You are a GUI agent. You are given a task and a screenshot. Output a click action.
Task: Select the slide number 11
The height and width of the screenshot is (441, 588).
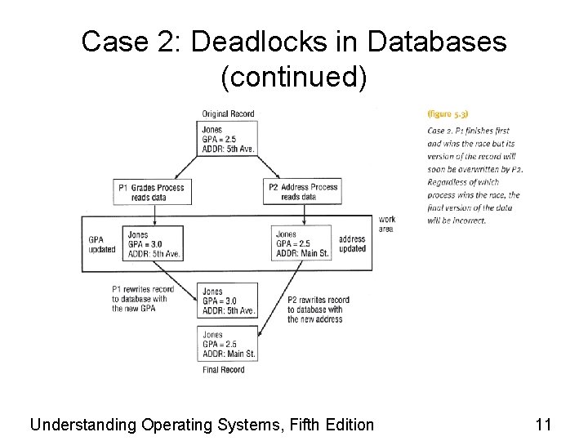(543, 425)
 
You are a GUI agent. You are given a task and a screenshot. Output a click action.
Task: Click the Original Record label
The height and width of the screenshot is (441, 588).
(229, 114)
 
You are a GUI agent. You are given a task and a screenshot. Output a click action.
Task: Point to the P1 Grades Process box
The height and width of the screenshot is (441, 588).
(152, 192)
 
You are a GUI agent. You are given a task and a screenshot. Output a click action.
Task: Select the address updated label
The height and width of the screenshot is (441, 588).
(352, 243)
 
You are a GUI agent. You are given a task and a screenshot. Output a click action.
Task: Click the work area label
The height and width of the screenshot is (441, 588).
(386, 224)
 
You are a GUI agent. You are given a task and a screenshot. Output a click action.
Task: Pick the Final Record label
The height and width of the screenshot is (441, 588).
(223, 370)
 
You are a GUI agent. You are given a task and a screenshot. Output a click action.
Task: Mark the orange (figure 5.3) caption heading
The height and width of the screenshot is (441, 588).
(448, 114)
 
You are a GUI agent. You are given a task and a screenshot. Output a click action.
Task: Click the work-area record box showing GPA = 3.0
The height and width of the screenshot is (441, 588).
(154, 243)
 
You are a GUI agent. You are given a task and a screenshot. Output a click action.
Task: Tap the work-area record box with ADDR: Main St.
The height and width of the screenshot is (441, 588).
(303, 243)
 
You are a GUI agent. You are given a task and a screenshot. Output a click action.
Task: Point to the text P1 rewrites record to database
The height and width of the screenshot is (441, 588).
(143, 299)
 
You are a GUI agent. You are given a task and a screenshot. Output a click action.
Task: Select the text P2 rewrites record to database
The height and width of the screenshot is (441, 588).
(318, 310)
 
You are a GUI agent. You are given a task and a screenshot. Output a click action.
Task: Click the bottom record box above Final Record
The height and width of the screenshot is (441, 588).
(229, 344)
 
